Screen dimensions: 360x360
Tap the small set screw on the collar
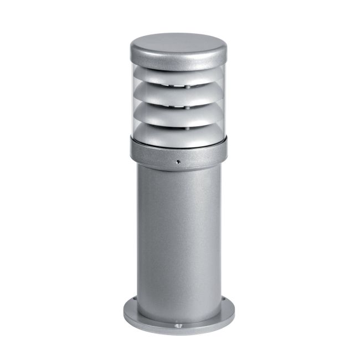(x=178, y=162)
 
